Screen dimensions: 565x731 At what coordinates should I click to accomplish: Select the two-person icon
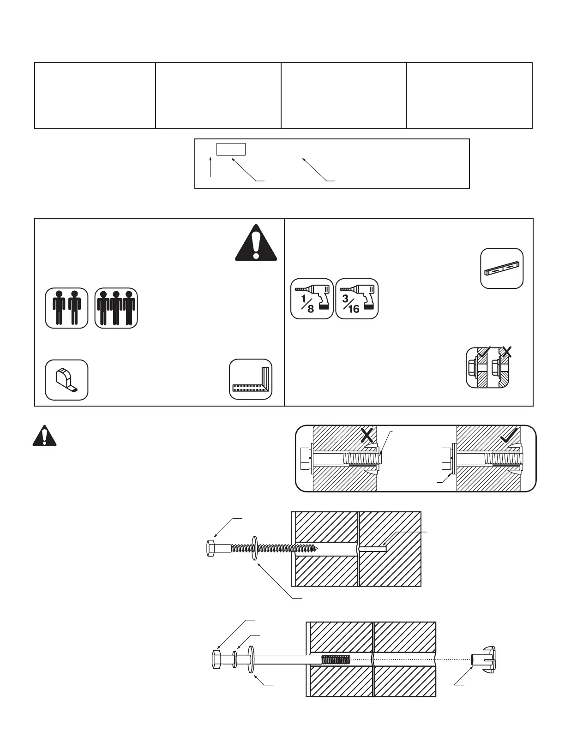click(x=66, y=308)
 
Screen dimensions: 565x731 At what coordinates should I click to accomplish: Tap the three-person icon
click(x=116, y=308)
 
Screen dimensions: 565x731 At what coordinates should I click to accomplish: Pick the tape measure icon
click(x=66, y=380)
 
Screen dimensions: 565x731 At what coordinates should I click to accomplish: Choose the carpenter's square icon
click(x=251, y=379)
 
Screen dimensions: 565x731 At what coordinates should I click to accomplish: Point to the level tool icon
click(x=502, y=269)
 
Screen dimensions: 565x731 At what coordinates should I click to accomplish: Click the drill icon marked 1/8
click(x=312, y=299)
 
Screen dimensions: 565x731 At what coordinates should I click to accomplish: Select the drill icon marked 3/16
click(x=357, y=299)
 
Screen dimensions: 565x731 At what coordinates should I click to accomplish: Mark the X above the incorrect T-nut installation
click(x=367, y=435)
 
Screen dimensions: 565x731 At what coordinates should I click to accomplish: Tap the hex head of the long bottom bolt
click(x=217, y=659)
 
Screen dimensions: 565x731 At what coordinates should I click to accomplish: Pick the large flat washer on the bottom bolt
click(x=252, y=659)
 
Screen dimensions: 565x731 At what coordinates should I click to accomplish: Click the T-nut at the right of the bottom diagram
click(x=484, y=659)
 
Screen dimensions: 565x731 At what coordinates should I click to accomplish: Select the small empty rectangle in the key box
click(x=231, y=149)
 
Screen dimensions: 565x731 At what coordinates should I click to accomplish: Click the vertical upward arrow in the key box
click(x=210, y=167)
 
